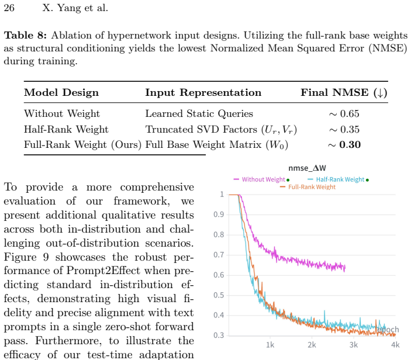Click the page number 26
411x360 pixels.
click(x=9, y=8)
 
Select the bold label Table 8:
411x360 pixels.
click(x=25, y=35)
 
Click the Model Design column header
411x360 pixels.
click(x=61, y=92)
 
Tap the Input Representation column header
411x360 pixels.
click(x=203, y=92)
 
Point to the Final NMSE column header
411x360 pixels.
click(x=344, y=92)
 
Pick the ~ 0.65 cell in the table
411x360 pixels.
click(x=344, y=114)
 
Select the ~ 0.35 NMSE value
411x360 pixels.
click(x=344, y=129)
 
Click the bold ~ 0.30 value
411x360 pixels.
click(x=344, y=144)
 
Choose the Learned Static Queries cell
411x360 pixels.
click(x=199, y=114)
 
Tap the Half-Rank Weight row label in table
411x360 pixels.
click(x=66, y=129)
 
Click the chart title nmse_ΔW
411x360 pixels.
click(x=307, y=168)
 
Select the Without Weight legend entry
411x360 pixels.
click(x=261, y=179)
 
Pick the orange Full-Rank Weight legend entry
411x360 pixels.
click(x=308, y=187)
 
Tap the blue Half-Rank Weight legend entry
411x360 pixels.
click(x=338, y=179)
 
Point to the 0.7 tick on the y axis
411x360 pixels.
click(x=219, y=255)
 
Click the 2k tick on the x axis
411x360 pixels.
click(x=312, y=345)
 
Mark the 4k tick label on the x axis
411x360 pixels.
click(x=395, y=345)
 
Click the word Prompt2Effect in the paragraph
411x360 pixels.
click(x=103, y=271)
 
